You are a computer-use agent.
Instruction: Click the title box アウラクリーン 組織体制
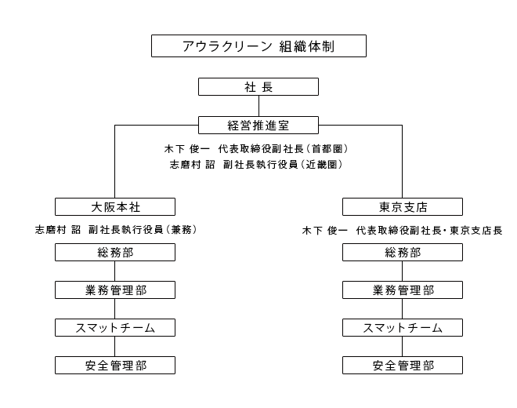(258, 46)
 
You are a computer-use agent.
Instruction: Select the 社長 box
(258, 87)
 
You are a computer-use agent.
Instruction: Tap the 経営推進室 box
(258, 126)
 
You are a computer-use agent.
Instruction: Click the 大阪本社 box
(115, 207)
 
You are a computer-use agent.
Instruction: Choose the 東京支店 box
(403, 207)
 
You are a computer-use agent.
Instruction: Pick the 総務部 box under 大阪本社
(115, 253)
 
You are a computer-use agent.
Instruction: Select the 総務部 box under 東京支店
(403, 253)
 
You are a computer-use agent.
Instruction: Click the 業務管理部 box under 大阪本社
(115, 290)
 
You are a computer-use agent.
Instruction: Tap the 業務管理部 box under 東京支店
(403, 290)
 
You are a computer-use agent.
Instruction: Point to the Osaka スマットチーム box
(115, 328)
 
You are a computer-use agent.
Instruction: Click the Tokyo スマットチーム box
(403, 328)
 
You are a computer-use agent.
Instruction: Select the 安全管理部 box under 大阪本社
(115, 366)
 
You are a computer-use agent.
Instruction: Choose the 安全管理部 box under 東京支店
(403, 366)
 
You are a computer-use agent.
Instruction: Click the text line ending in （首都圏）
(256, 149)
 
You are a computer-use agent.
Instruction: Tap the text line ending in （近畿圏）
(256, 164)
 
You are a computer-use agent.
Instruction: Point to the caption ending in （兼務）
(116, 229)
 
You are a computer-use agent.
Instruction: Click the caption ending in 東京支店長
(402, 230)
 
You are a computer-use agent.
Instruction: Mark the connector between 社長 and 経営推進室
(258, 106)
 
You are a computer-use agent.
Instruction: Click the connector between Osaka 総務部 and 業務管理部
(114, 271)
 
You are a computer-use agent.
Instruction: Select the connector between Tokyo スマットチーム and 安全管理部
(403, 347)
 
